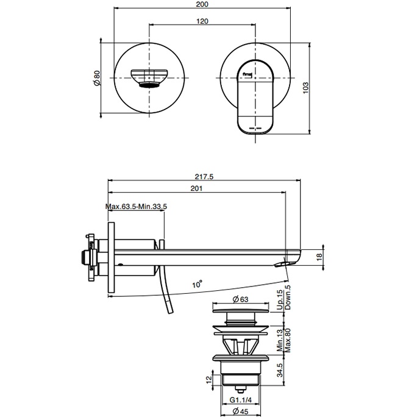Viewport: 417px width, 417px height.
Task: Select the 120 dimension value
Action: tap(203, 21)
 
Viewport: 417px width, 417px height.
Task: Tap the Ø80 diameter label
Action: tap(96, 77)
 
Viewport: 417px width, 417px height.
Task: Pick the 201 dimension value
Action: tap(196, 189)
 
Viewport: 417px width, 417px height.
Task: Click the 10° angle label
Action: tap(196, 283)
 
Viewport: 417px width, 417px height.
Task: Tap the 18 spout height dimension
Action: tap(328, 258)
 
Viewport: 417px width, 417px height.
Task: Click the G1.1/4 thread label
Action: tap(241, 401)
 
